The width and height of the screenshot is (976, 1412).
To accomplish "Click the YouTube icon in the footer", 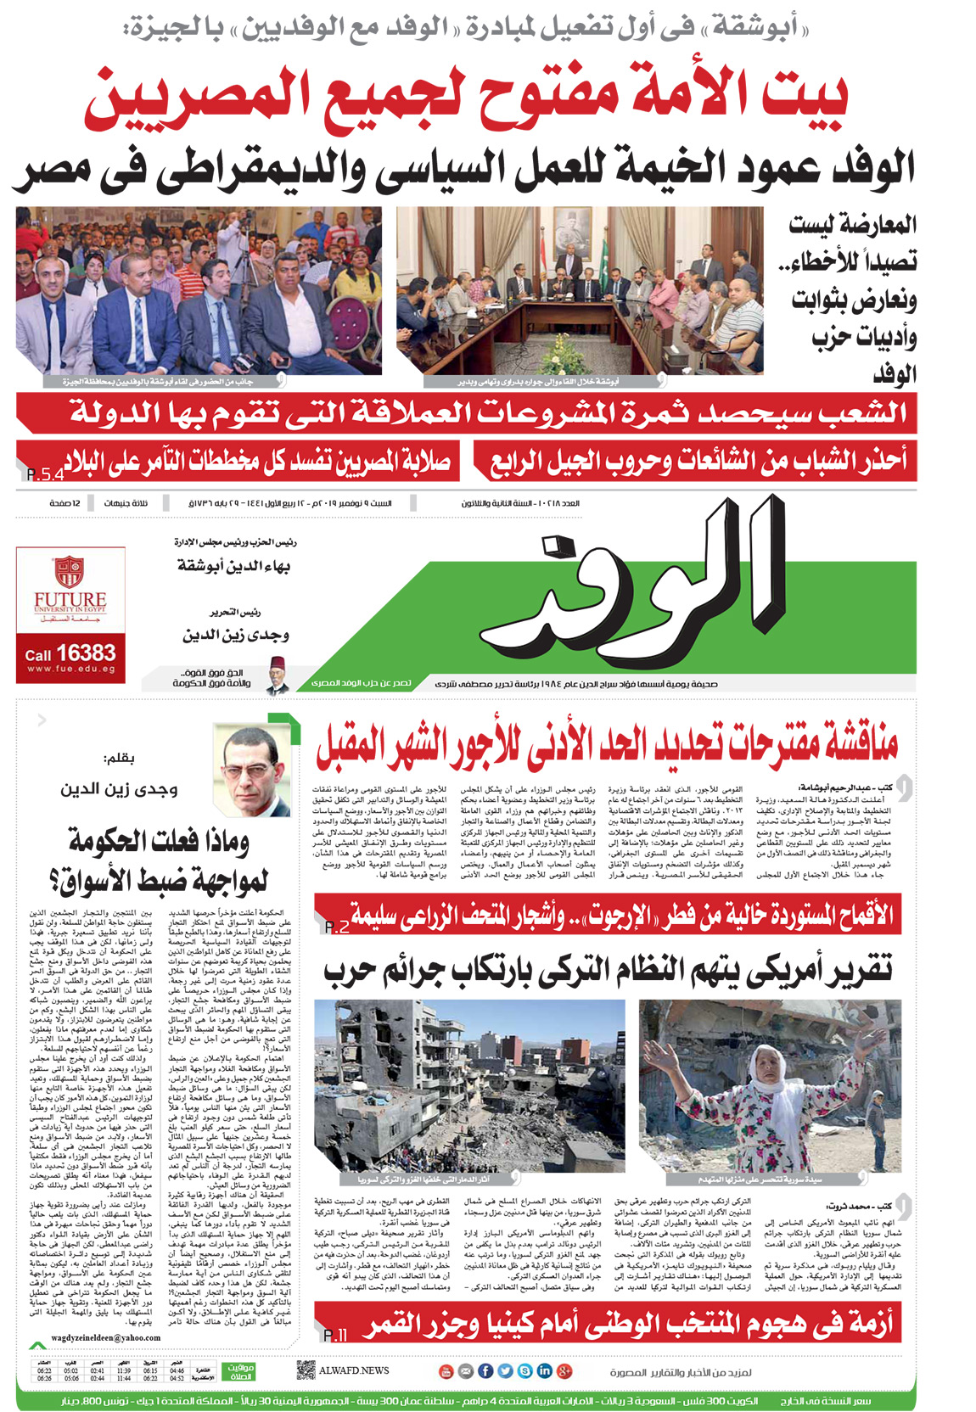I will [446, 1370].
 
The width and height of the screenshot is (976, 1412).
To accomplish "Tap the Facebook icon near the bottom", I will [486, 1370].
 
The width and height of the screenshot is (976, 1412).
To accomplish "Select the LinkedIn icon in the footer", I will [545, 1370].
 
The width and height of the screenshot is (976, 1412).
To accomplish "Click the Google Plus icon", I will [564, 1370].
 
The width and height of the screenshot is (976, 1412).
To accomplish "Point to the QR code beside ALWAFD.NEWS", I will [306, 1370].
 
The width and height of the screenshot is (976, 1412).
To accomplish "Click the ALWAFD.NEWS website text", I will [354, 1370].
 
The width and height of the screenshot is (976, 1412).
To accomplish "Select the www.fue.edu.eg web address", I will [70, 670].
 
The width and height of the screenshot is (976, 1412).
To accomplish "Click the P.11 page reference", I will [335, 1336].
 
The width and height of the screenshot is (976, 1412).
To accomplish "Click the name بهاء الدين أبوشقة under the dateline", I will [234, 566].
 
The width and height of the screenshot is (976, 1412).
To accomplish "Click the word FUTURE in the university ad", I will [70, 600].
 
